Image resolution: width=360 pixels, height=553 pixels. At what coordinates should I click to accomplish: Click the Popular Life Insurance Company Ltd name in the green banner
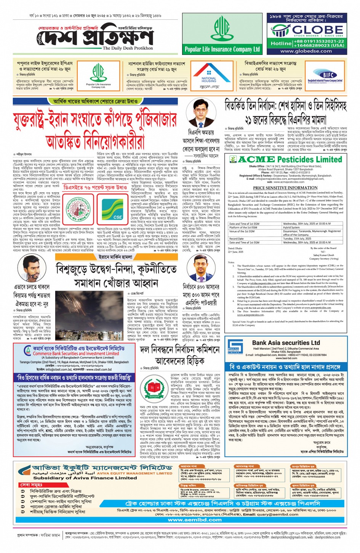222,49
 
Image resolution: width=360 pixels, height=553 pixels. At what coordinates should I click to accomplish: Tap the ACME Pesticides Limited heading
290,159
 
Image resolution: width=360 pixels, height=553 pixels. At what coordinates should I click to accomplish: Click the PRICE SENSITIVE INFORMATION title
285,188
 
